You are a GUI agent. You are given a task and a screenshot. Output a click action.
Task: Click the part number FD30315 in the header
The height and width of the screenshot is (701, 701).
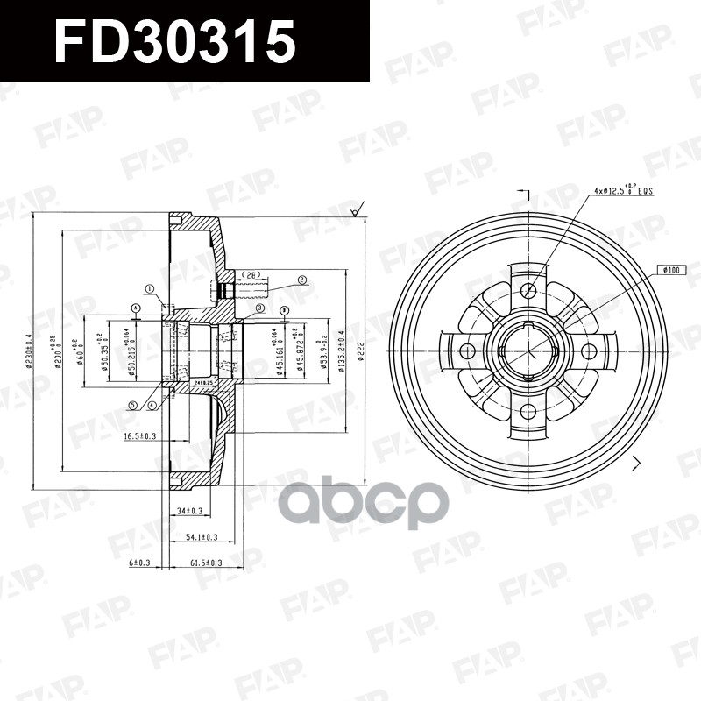[174, 41]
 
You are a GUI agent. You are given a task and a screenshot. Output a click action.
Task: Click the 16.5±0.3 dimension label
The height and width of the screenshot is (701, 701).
[139, 435]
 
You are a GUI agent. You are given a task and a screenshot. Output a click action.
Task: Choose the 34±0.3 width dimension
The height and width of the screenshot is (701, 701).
[188, 510]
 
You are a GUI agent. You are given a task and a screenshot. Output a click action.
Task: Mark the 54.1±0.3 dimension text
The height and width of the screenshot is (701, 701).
[202, 536]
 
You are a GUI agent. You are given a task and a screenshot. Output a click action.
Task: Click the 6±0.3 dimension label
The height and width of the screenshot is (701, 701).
[141, 563]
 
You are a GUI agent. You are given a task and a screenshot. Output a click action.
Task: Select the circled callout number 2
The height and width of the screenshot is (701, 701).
[301, 280]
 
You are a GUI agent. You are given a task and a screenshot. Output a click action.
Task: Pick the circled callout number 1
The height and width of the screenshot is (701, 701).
[149, 288]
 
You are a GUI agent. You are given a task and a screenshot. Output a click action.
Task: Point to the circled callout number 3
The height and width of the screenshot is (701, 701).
[260, 308]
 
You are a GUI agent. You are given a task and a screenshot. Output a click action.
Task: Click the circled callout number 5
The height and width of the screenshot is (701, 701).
[132, 405]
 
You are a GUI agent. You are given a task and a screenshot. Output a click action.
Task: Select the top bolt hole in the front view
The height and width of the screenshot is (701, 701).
[528, 290]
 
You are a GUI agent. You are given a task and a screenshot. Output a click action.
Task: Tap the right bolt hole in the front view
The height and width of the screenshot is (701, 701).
[589, 351]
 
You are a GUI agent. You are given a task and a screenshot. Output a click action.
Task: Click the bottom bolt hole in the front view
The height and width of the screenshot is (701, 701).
[528, 412]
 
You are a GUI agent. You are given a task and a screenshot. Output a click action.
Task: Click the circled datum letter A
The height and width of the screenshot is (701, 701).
[136, 308]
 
